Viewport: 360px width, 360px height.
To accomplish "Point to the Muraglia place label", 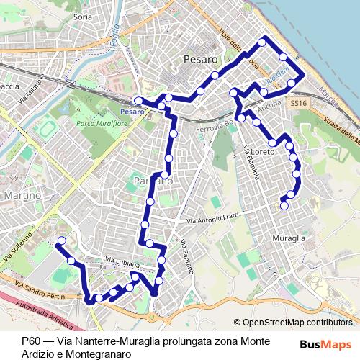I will [289, 237].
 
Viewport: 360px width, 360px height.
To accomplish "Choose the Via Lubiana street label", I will [122, 262].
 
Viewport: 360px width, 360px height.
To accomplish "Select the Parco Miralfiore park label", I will [100, 123].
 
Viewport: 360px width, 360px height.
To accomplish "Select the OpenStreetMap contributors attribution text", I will [297, 323].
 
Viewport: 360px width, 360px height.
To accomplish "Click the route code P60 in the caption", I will [30, 341].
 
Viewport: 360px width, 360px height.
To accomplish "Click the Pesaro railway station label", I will [132, 112].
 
